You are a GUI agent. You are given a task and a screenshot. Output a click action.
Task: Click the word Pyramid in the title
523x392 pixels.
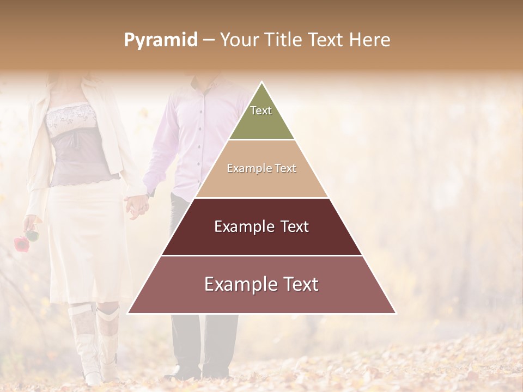[x=160, y=40]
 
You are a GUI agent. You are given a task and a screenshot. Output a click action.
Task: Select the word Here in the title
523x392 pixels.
[x=370, y=40]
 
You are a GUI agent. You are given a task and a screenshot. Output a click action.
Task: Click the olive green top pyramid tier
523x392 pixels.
[x=261, y=122]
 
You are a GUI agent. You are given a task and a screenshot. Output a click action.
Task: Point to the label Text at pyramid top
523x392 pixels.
[x=261, y=111]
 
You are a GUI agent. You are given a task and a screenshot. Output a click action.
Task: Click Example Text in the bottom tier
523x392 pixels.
[x=261, y=284]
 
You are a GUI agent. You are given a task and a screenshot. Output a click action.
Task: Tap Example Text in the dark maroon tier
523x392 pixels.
[x=261, y=226]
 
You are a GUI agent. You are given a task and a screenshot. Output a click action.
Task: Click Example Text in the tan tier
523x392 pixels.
[x=261, y=168]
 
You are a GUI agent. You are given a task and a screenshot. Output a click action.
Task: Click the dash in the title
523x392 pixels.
[x=209, y=40]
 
